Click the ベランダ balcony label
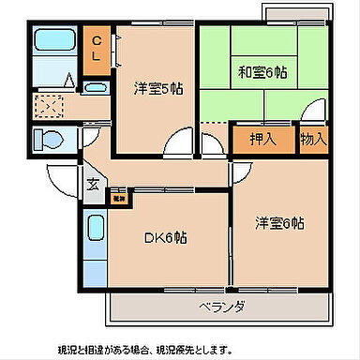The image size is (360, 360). coord(221,307)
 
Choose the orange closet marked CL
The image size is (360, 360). coord(97,50)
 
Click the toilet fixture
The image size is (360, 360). coord(49,139)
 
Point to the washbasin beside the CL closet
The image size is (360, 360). coord(96,89)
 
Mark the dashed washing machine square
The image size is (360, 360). coord(49,105)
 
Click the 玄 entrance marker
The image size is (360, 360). coord(92,184)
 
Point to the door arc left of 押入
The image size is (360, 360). coord(215,143)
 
